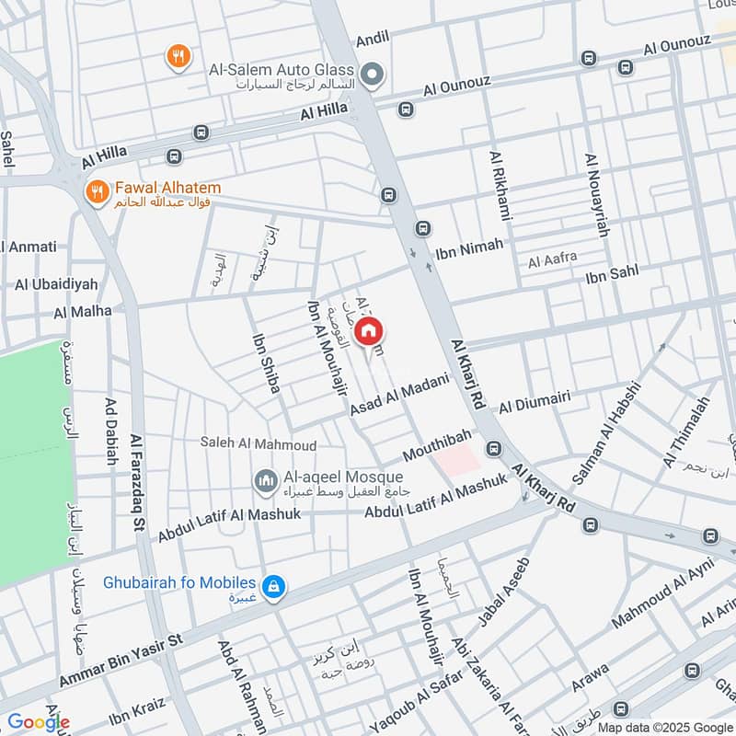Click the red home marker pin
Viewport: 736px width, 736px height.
[x=369, y=332]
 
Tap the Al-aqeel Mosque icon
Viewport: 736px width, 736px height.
[x=267, y=481]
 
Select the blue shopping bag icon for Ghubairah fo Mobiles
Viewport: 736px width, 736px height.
[x=272, y=586]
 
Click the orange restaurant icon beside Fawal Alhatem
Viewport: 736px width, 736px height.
[x=96, y=192]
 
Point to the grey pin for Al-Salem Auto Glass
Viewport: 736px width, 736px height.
[x=372, y=75]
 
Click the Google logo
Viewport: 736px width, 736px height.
[x=38, y=722]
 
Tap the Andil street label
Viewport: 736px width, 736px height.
[x=373, y=38]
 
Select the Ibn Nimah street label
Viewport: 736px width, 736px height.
[x=469, y=246]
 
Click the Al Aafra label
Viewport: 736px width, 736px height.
[x=552, y=263]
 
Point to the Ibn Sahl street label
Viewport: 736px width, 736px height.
[x=612, y=273]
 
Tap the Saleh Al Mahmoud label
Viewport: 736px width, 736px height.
[x=259, y=443]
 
